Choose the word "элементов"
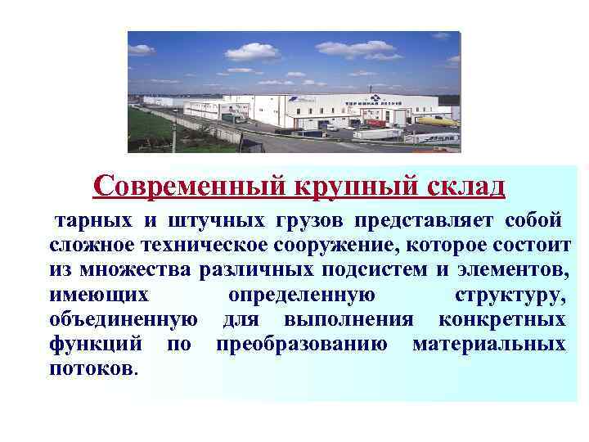coord(508,270)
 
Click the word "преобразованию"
coord(302,344)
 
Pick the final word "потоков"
coord(92,368)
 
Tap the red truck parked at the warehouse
coord(375,124)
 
